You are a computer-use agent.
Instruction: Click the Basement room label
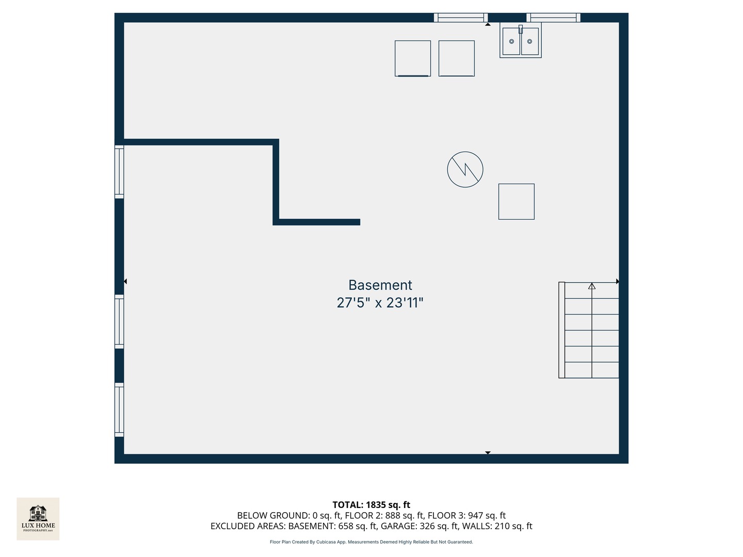pos(380,285)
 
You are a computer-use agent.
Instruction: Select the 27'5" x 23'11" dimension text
pos(380,303)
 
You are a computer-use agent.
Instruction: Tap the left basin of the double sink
pos(511,41)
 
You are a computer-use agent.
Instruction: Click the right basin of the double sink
pos(530,41)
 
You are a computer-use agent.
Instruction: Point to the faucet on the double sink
pos(521,29)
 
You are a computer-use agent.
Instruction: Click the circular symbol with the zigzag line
pos(465,169)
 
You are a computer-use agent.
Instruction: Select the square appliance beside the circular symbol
pos(516,202)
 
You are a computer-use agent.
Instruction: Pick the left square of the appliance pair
pos(413,58)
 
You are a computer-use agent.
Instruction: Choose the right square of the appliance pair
pos(457,58)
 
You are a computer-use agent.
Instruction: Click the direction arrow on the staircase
pos(592,286)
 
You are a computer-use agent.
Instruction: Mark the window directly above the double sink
pos(553,18)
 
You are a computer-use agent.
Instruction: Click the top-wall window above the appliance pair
pos(461,18)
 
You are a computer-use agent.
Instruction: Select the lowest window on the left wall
pos(119,410)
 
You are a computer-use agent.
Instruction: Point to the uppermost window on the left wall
pos(119,172)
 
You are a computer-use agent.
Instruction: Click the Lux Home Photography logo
pos(38,518)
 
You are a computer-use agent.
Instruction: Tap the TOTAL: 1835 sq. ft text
pos(371,505)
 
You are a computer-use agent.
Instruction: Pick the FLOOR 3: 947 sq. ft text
pos(466,515)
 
